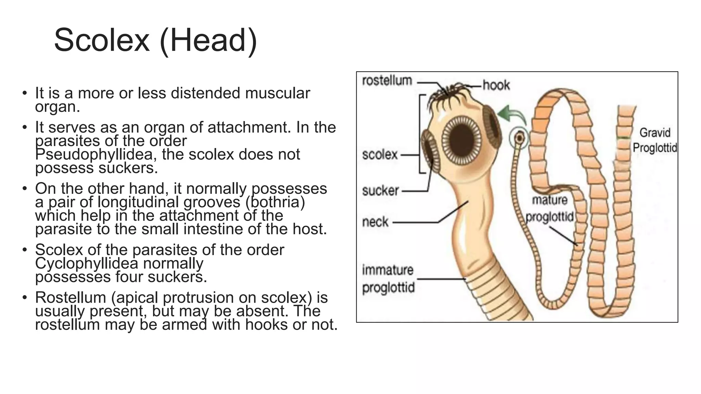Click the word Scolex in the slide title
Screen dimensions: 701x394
click(102, 40)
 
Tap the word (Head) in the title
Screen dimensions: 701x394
click(208, 40)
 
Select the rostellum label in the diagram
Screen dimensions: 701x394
click(387, 81)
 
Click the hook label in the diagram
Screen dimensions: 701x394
click(496, 85)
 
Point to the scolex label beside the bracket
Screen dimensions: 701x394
click(380, 155)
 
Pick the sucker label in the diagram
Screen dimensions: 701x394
click(381, 191)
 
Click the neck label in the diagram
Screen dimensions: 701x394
click(375, 222)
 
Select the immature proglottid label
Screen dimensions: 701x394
click(388, 279)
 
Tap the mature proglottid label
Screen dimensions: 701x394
click(550, 208)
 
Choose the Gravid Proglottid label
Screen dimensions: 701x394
click(655, 140)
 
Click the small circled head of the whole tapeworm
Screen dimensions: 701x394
click(519, 138)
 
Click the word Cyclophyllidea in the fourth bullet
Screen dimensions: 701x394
click(86, 263)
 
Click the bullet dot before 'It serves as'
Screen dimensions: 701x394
click(24, 128)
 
